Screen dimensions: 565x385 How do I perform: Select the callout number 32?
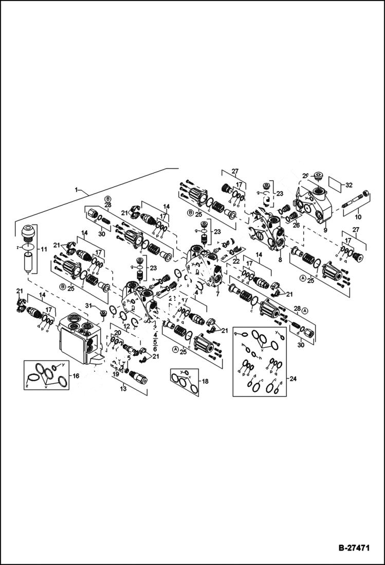coord(350,184)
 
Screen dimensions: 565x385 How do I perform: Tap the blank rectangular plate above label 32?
coord(334,184)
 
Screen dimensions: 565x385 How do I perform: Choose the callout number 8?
coord(280,260)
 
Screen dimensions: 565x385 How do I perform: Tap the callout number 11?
coord(44,249)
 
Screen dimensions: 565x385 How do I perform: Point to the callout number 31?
coord(89,305)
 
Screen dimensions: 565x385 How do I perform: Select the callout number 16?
coord(76,376)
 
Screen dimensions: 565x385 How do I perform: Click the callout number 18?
coord(205,381)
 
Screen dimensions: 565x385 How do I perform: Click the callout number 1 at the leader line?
coord(77,190)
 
